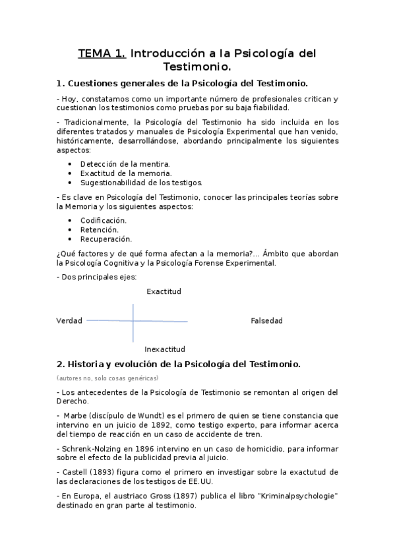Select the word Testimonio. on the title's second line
tap(197, 67)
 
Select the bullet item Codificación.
tap(104, 220)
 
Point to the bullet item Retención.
tap(100, 229)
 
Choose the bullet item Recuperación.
tap(106, 239)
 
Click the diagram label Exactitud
tap(164, 291)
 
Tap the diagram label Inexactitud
tap(165, 349)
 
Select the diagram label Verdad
tap(69, 321)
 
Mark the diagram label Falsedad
tap(266, 321)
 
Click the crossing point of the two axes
tap(134, 321)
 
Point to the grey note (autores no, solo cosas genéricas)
tap(107, 378)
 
